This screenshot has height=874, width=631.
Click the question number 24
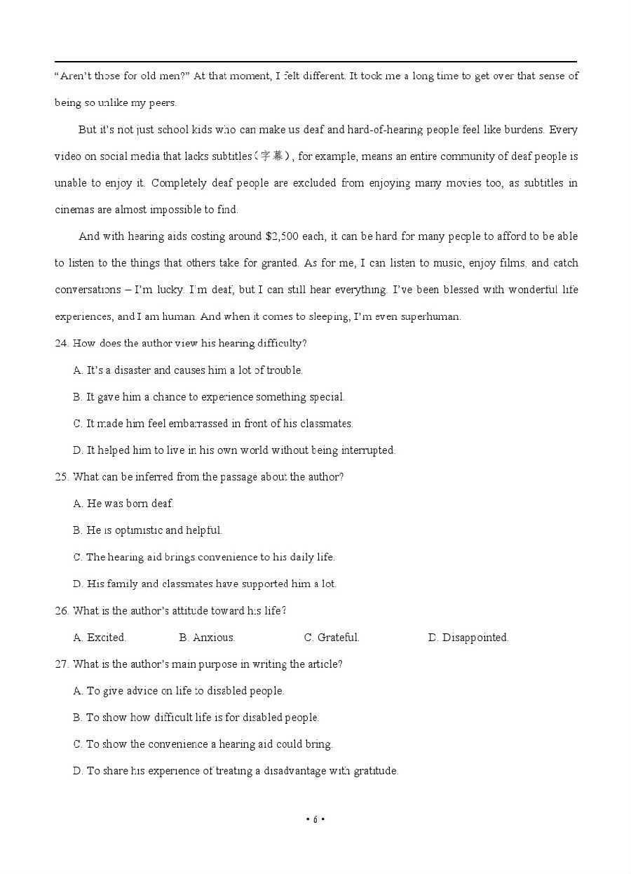(61, 344)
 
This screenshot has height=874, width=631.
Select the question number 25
(61, 477)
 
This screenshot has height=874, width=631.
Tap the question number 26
(61, 611)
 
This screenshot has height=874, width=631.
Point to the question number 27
(61, 664)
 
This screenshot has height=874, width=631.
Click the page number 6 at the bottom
(315, 819)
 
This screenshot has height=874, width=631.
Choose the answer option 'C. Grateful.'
(331, 638)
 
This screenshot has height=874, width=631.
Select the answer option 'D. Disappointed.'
(468, 638)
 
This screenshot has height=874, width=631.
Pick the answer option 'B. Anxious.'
(206, 638)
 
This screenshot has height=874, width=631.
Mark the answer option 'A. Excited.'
(100, 638)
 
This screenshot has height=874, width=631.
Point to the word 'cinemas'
(73, 210)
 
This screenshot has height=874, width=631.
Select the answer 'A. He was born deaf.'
(123, 504)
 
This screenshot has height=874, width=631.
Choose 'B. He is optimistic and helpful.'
(147, 530)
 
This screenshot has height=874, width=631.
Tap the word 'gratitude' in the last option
(374, 771)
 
